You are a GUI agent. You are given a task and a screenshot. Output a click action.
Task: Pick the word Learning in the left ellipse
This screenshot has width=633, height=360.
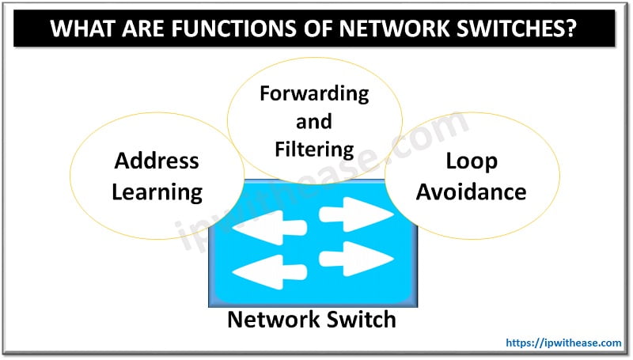157,191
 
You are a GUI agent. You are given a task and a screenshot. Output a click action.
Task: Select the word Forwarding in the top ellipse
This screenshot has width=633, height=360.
314,94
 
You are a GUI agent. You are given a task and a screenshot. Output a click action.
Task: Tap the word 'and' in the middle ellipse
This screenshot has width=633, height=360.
314,122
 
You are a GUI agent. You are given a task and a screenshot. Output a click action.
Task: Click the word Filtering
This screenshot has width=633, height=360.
314,148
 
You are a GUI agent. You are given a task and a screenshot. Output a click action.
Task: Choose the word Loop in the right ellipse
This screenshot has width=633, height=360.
472,161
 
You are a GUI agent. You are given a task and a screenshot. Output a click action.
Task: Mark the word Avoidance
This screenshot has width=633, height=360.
472,191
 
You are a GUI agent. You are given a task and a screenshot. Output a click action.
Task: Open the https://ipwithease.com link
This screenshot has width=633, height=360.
563,343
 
